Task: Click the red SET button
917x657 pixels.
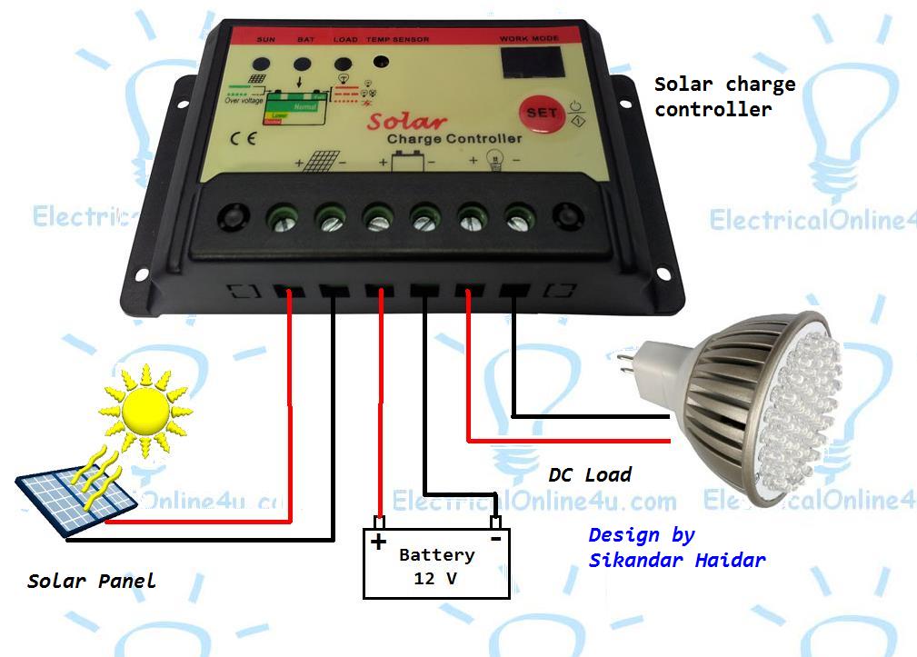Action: (536, 114)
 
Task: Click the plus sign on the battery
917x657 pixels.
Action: (377, 542)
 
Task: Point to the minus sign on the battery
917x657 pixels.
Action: (496, 538)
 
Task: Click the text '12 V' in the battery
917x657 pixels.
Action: (436, 578)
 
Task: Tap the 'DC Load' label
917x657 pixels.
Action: (589, 474)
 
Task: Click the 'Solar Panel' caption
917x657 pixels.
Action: (91, 581)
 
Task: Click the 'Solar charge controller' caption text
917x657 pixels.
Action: (724, 96)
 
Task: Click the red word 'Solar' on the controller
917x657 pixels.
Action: (407, 122)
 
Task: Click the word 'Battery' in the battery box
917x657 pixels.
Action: (436, 554)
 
